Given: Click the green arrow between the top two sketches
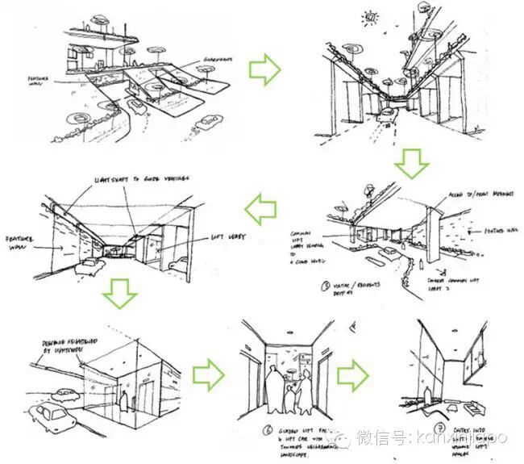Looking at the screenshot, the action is pyautogui.click(x=264, y=70).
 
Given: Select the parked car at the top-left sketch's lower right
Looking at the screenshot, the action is pyautogui.click(x=208, y=122).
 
